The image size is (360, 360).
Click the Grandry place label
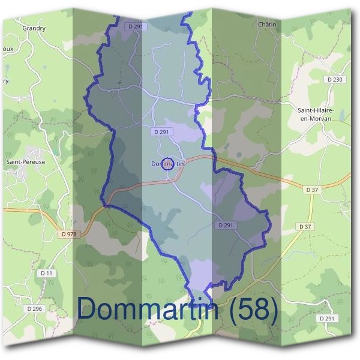pyautogui.click(x=34, y=28)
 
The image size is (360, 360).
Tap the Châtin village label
pyautogui.click(x=266, y=25)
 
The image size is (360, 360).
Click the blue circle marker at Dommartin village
pyautogui.click(x=168, y=164)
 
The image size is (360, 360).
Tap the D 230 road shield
pyautogui.click(x=335, y=80)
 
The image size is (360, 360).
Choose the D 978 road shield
pyautogui.click(x=70, y=234)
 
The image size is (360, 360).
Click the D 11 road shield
pyautogui.click(x=47, y=273)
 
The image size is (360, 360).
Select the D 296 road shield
pyautogui.click(x=35, y=308)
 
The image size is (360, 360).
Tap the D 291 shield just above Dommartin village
pyautogui.click(x=163, y=132)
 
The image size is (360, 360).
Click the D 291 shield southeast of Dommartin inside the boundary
pyautogui.click(x=226, y=225)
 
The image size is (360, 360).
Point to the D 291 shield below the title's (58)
pyautogui.click(x=327, y=319)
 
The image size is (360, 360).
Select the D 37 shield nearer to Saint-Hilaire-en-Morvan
pyautogui.click(x=312, y=190)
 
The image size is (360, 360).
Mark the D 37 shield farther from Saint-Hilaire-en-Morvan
pyautogui.click(x=305, y=226)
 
